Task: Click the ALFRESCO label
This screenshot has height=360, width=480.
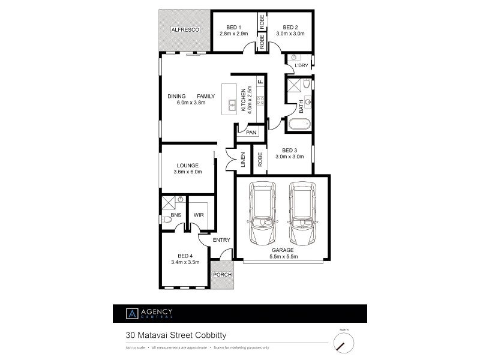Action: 184,29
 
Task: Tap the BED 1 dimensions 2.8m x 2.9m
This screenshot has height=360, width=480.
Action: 233,34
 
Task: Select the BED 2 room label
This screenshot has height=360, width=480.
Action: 290,27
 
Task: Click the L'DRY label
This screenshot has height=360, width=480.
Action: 301,66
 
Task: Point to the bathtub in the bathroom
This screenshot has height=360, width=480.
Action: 298,125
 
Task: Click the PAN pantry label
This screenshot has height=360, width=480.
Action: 251,132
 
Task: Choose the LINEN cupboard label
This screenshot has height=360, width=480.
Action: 244,159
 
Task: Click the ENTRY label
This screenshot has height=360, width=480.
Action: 221,240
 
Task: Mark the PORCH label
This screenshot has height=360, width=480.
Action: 221,278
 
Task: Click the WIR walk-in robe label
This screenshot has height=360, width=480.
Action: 198,214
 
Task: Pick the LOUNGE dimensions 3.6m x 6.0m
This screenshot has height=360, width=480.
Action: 187,172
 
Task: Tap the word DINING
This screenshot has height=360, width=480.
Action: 176,96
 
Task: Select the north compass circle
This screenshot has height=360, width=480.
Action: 343,343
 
